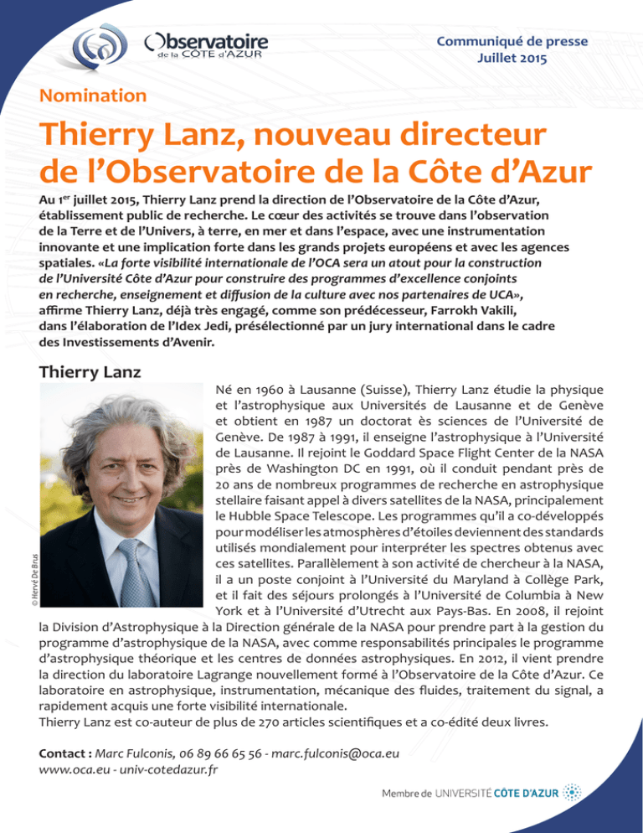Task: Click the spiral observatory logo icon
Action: [x=95, y=45]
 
